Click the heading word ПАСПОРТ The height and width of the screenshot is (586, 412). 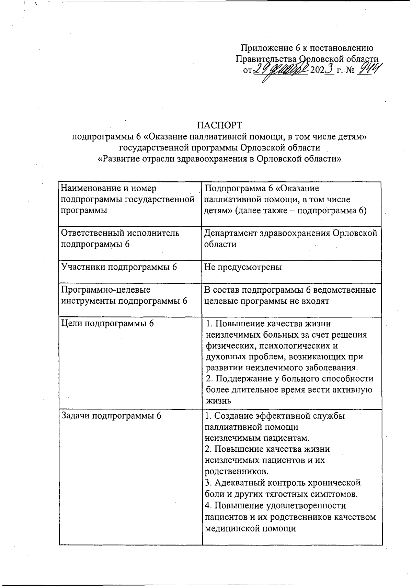pos(219,124)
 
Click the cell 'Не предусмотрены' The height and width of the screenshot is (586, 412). pos(243,267)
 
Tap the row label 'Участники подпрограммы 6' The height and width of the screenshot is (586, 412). pos(119,267)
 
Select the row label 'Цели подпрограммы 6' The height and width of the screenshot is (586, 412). pos(107,323)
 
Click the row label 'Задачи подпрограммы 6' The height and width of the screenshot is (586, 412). pos(111,415)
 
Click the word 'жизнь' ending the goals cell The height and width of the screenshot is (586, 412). pos(218,401)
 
